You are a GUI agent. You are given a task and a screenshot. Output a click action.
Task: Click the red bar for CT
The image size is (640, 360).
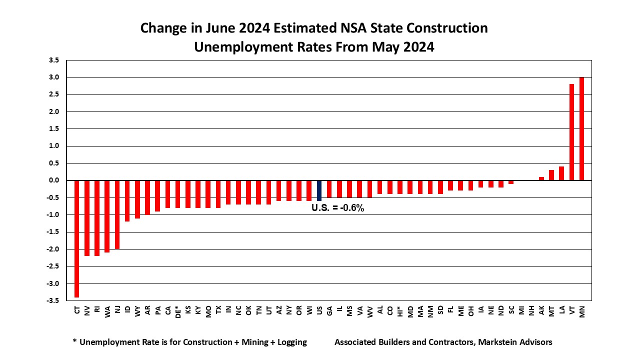[77, 238]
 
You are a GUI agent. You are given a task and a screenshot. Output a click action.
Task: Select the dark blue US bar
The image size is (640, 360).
[319, 190]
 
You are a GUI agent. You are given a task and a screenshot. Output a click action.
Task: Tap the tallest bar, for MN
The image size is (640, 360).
[581, 128]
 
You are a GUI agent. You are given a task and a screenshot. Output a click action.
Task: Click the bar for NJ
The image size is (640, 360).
[117, 214]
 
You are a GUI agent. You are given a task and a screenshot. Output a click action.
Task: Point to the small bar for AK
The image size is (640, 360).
[541, 178]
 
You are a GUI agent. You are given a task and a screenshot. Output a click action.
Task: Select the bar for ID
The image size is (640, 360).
[127, 200]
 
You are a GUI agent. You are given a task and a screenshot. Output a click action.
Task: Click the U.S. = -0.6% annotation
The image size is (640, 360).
[338, 207]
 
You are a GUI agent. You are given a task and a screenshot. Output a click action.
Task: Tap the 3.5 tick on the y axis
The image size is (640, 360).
[53, 60]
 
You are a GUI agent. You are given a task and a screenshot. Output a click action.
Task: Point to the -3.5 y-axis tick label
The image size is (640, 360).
[52, 300]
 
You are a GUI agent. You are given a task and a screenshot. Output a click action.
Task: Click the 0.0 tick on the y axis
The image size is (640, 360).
[53, 180]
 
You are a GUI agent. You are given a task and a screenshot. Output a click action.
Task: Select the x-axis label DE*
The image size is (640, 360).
[178, 312]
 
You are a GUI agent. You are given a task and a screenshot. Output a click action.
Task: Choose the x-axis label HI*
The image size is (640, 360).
[400, 312]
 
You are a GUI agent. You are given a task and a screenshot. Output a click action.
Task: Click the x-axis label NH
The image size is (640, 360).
[531, 310]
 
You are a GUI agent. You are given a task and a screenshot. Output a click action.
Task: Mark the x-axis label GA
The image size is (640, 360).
[329, 310]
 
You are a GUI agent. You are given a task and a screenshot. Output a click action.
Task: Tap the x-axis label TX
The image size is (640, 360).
[218, 310]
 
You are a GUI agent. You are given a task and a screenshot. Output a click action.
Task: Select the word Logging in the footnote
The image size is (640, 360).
[289, 342]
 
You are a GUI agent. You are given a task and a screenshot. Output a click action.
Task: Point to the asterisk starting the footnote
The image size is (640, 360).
[74, 342]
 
